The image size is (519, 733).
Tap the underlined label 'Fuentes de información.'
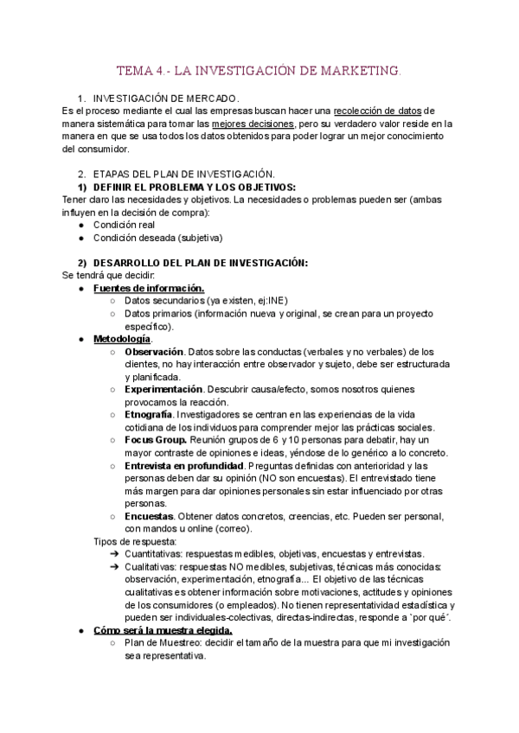click(149, 288)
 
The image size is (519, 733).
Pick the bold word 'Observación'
click(154, 352)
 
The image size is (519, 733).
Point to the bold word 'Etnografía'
click(150, 415)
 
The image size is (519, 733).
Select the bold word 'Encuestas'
click(149, 516)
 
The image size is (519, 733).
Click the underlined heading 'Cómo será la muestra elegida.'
click(163, 631)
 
